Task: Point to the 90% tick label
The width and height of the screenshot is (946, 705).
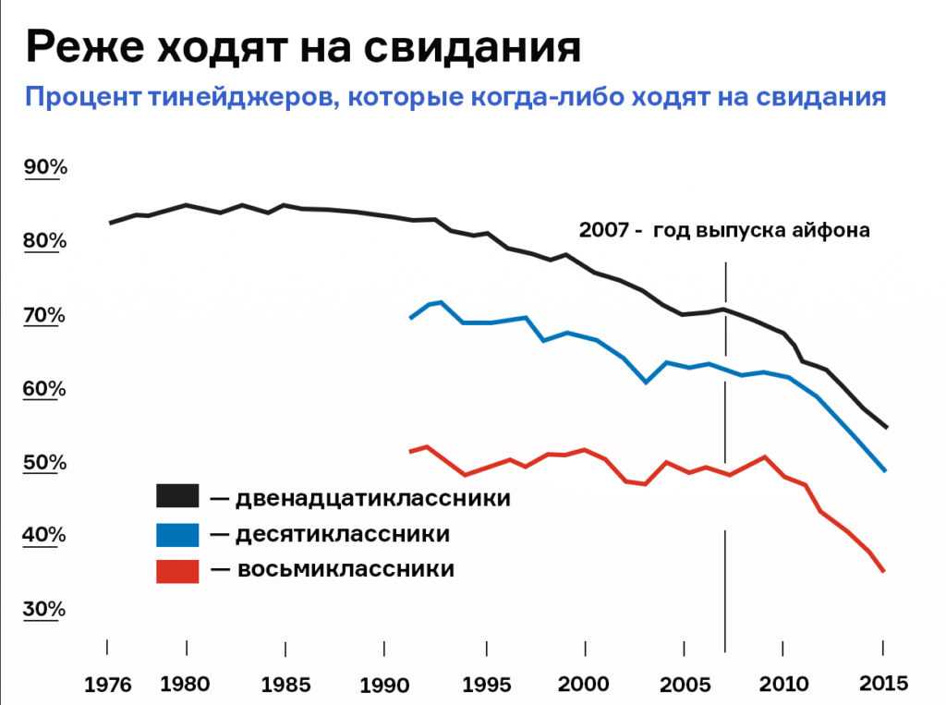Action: tap(45, 167)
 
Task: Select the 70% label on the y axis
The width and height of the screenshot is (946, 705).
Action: tap(45, 315)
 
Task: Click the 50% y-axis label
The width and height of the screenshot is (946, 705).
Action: tap(45, 462)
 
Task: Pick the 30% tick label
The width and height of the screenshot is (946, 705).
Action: tap(45, 609)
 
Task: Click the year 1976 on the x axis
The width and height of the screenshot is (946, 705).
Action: tap(108, 686)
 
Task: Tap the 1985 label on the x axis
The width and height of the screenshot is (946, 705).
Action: tap(286, 685)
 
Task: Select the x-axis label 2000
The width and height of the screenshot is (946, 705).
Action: tap(584, 685)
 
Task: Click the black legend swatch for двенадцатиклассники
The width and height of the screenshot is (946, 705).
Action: tap(177, 496)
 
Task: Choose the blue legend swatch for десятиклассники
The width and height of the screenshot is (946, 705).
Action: tap(177, 533)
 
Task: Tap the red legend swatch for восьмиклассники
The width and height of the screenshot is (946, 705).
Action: tap(177, 569)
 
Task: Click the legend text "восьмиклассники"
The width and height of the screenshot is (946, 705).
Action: tap(346, 569)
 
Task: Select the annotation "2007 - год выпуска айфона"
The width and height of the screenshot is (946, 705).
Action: tap(724, 230)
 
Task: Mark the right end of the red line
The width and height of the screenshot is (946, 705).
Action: tap(884, 571)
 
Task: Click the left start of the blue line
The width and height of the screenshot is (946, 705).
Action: tap(410, 318)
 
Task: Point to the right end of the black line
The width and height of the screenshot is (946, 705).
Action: tap(884, 428)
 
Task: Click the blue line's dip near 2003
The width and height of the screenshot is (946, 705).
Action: tap(647, 382)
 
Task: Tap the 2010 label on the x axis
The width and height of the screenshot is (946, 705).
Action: tap(783, 685)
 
